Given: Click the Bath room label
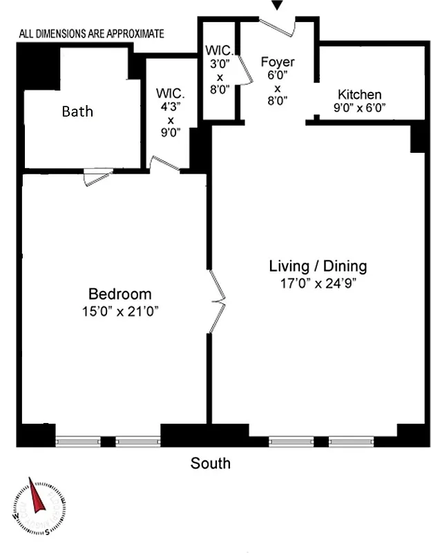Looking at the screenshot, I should coord(77,111).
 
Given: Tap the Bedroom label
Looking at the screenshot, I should coord(119,294).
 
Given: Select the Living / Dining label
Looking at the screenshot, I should coord(318,266).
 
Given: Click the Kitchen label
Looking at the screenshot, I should coord(359,94).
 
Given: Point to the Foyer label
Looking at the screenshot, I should coord(278,62).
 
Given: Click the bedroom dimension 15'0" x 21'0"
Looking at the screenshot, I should coord(120,311).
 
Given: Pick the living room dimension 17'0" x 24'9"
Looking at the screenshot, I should coord(318,283).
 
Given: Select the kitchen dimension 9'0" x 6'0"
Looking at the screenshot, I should coord(359,107).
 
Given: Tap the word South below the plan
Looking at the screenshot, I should coord(211,463).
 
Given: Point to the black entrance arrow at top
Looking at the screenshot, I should coord(277,6).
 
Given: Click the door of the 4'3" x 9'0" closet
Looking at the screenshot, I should coord(165,164).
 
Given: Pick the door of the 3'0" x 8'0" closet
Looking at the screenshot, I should coord(244,69).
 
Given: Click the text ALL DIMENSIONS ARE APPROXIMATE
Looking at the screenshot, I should coord(91,32).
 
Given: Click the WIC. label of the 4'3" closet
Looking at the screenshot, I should coord(169,93).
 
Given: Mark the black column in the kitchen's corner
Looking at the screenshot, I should coord(419,137).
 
